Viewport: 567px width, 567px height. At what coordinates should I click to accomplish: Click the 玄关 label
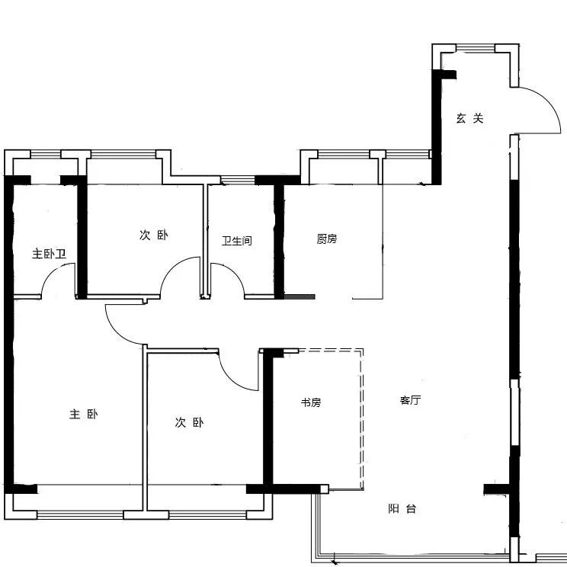(469, 118)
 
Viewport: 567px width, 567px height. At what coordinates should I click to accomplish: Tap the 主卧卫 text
(50, 254)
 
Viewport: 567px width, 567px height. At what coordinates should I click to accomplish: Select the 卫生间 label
(237, 241)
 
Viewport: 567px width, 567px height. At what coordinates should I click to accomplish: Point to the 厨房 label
(327, 239)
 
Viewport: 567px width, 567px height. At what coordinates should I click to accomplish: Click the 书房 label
(311, 402)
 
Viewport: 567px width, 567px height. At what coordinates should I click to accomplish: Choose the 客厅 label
(411, 400)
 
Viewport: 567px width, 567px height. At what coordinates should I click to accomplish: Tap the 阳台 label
(402, 509)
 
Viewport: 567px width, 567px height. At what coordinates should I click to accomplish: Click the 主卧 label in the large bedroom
(84, 414)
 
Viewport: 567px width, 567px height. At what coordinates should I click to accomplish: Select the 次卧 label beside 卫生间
(154, 235)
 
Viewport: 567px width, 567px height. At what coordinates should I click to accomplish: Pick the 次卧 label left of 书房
(189, 422)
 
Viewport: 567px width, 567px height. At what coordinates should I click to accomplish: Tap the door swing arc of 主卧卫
(50, 273)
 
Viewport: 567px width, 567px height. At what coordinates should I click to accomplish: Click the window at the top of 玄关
(475, 48)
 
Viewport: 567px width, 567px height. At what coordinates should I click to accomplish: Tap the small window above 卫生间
(238, 180)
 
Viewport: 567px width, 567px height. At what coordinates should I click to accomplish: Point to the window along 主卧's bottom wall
(80, 515)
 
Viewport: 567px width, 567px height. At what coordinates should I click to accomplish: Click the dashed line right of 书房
(361, 418)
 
